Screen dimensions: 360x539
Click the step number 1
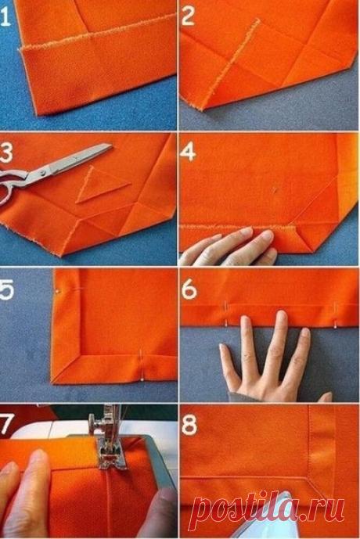tap(5, 17)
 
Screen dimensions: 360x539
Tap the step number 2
tap(188, 16)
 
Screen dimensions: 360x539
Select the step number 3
tap(6, 153)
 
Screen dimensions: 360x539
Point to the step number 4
tap(188, 152)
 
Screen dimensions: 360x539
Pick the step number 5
tap(6, 289)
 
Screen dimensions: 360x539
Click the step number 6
tap(189, 289)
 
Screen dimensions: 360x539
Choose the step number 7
tap(6, 423)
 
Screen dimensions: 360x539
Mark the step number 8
tap(189, 424)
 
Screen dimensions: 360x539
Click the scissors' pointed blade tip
tap(111, 145)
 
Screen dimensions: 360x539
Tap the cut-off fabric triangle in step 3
tap(99, 185)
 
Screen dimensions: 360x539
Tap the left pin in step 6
tap(226, 314)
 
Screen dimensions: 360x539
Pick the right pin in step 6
tap(335, 315)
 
